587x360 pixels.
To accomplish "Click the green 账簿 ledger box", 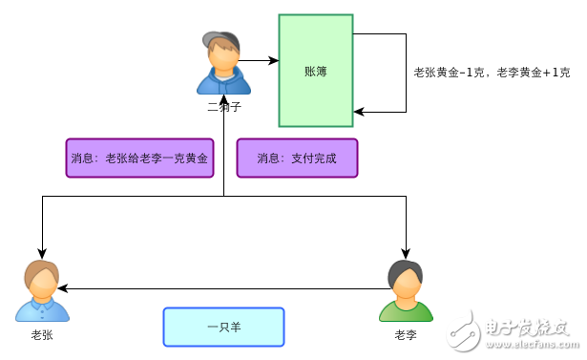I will [x=316, y=71].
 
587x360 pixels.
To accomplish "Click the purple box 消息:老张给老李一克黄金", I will [x=139, y=158].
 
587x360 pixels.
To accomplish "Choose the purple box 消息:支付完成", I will [x=297, y=158].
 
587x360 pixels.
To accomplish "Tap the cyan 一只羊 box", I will [x=223, y=327].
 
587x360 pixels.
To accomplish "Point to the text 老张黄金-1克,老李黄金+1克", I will [x=492, y=73].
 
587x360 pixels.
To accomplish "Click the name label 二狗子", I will [x=223, y=106].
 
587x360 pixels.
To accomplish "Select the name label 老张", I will [x=42, y=334].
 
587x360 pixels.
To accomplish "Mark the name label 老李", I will [x=406, y=334].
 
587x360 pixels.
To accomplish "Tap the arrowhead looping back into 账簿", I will [x=359, y=112].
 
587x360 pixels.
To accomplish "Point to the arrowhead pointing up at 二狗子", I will [x=223, y=98].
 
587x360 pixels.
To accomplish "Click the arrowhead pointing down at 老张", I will [x=42, y=252].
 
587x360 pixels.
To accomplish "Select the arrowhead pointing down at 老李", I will [x=406, y=252].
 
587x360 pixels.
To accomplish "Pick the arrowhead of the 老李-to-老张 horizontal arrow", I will [x=63, y=287].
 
